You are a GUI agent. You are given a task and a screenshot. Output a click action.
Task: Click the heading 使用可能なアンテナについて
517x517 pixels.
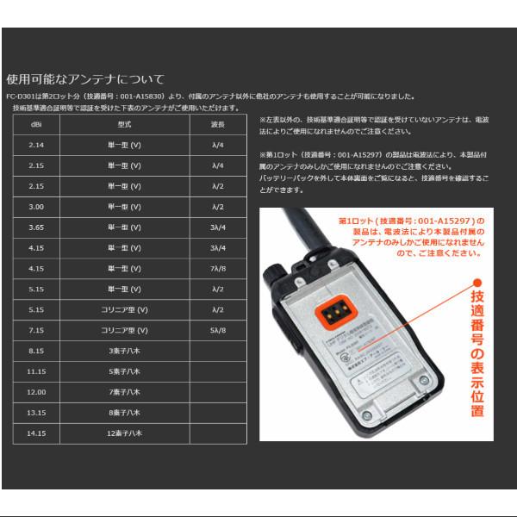coord(84,79)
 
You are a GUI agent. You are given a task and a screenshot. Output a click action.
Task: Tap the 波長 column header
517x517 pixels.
coord(217,124)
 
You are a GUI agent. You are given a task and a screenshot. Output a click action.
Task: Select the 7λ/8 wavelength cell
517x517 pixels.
coord(217,269)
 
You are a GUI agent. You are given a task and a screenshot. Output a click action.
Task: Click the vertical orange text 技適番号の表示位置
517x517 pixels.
coord(477,353)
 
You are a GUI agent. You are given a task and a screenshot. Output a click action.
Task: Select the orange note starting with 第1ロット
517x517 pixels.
coord(411,237)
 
